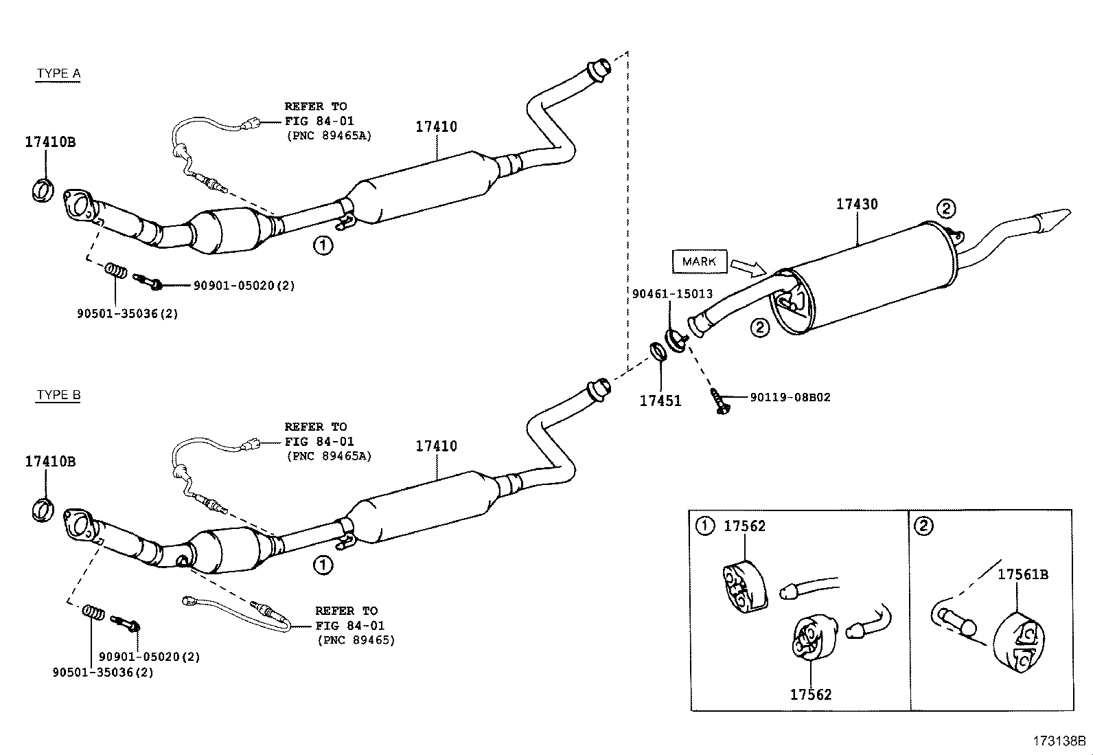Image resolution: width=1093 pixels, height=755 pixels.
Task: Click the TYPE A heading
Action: coord(58,74)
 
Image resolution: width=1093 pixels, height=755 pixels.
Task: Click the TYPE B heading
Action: coord(58,395)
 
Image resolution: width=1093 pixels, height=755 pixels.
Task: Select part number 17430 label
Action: coord(857,204)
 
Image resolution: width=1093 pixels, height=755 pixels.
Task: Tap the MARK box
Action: coord(700,261)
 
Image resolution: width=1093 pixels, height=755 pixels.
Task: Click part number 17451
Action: coord(660,401)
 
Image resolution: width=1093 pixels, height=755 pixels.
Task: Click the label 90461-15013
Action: coord(672,293)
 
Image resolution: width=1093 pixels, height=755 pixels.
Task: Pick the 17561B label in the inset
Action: coord(1022,574)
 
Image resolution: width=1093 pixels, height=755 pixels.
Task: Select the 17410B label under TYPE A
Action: coord(50,142)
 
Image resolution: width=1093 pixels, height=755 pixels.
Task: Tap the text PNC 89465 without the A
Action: coord(356,640)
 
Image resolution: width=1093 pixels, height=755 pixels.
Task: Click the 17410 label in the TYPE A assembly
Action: coord(436,126)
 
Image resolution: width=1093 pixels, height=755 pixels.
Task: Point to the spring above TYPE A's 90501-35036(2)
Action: coord(117,270)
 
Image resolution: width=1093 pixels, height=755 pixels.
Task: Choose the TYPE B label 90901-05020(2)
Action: coord(150,657)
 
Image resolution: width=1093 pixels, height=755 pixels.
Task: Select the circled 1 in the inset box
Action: coord(705,526)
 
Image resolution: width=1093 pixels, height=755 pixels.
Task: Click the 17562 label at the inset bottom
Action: coord(810,695)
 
